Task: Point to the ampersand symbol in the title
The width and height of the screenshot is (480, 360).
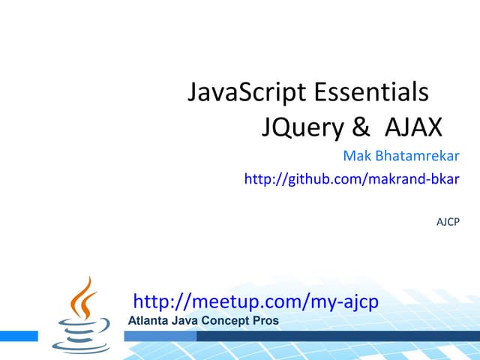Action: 361,127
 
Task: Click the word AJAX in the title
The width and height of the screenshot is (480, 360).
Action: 413,127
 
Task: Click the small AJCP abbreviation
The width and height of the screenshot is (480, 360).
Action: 448,222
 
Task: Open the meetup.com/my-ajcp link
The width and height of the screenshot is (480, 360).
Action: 256,301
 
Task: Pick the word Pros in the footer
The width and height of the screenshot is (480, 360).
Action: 266,321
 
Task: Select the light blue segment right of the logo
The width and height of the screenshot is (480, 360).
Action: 157,336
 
